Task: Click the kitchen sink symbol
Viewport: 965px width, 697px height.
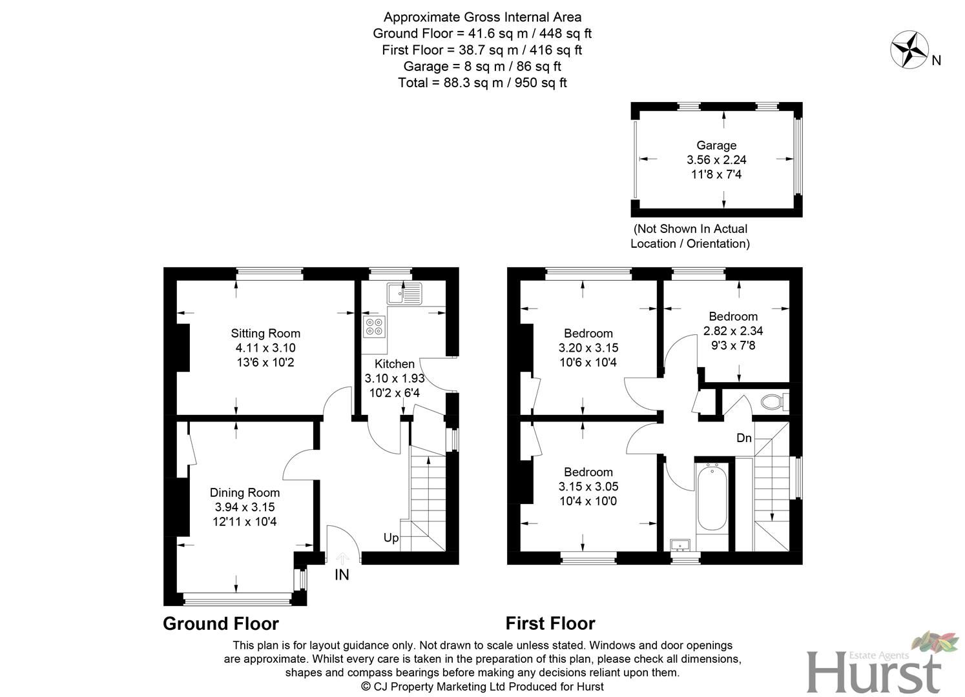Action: [404, 293]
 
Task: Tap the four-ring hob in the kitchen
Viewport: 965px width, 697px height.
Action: [374, 327]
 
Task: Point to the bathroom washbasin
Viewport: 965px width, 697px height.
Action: [680, 546]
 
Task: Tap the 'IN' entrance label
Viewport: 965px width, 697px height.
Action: [342, 574]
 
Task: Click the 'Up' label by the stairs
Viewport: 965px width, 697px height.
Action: [391, 538]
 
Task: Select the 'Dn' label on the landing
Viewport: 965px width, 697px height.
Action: [744, 438]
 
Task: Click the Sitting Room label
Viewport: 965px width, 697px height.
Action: [265, 334]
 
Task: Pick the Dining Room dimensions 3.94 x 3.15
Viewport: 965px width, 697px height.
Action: [245, 507]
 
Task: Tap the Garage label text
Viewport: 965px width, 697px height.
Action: [716, 146]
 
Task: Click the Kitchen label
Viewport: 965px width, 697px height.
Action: [395, 364]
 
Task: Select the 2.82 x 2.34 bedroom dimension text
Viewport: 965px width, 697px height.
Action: [733, 331]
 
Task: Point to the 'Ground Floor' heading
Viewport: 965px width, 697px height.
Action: [221, 623]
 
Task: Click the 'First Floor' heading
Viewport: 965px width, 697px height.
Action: [550, 623]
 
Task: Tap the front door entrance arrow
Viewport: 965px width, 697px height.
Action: [342, 558]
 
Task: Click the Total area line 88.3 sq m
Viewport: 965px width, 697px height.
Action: [482, 83]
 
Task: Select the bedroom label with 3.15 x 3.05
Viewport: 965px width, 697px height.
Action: [588, 487]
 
